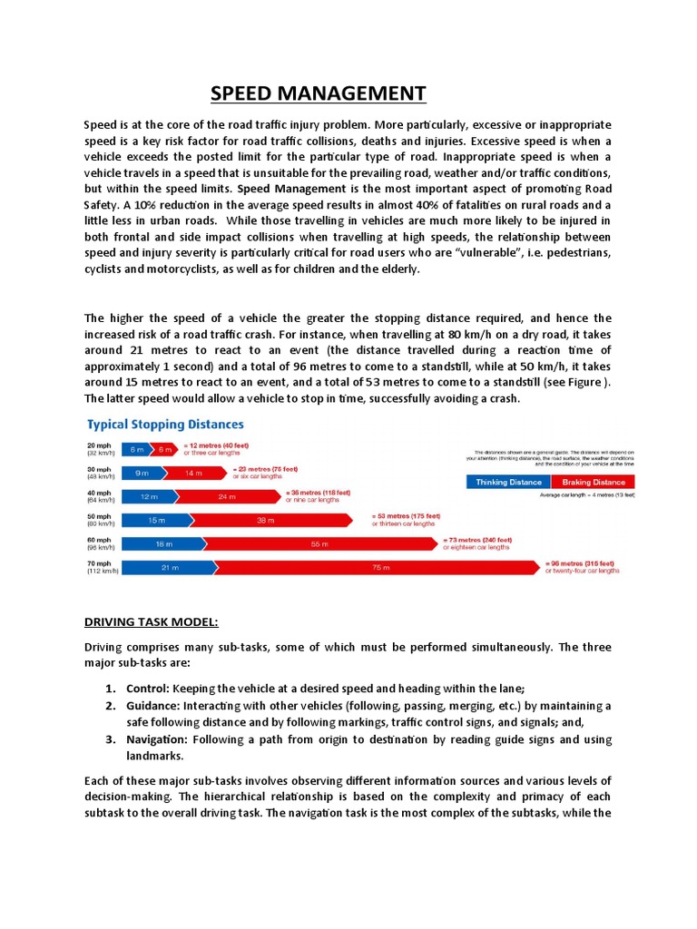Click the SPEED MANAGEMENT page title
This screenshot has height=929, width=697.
pos(318,93)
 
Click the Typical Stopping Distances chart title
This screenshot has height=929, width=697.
pos(164,424)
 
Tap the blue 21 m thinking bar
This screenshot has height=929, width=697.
pos(166,568)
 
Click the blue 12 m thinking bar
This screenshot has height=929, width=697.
pos(148,496)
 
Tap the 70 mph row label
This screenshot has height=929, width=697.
pos(99,567)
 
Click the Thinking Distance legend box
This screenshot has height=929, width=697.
pos(508,482)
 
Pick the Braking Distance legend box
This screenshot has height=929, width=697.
pos(594,482)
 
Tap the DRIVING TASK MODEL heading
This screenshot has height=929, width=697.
pos(152,621)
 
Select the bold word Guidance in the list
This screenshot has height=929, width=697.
pos(152,705)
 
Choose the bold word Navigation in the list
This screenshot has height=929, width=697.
pos(156,739)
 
